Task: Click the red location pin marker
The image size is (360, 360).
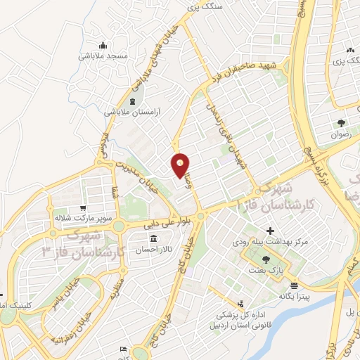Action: point(180,165)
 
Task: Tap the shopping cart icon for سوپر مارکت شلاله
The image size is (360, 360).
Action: point(84,208)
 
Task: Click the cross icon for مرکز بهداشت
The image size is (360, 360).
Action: point(271,231)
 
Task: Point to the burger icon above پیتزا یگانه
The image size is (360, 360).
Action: point(293,285)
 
